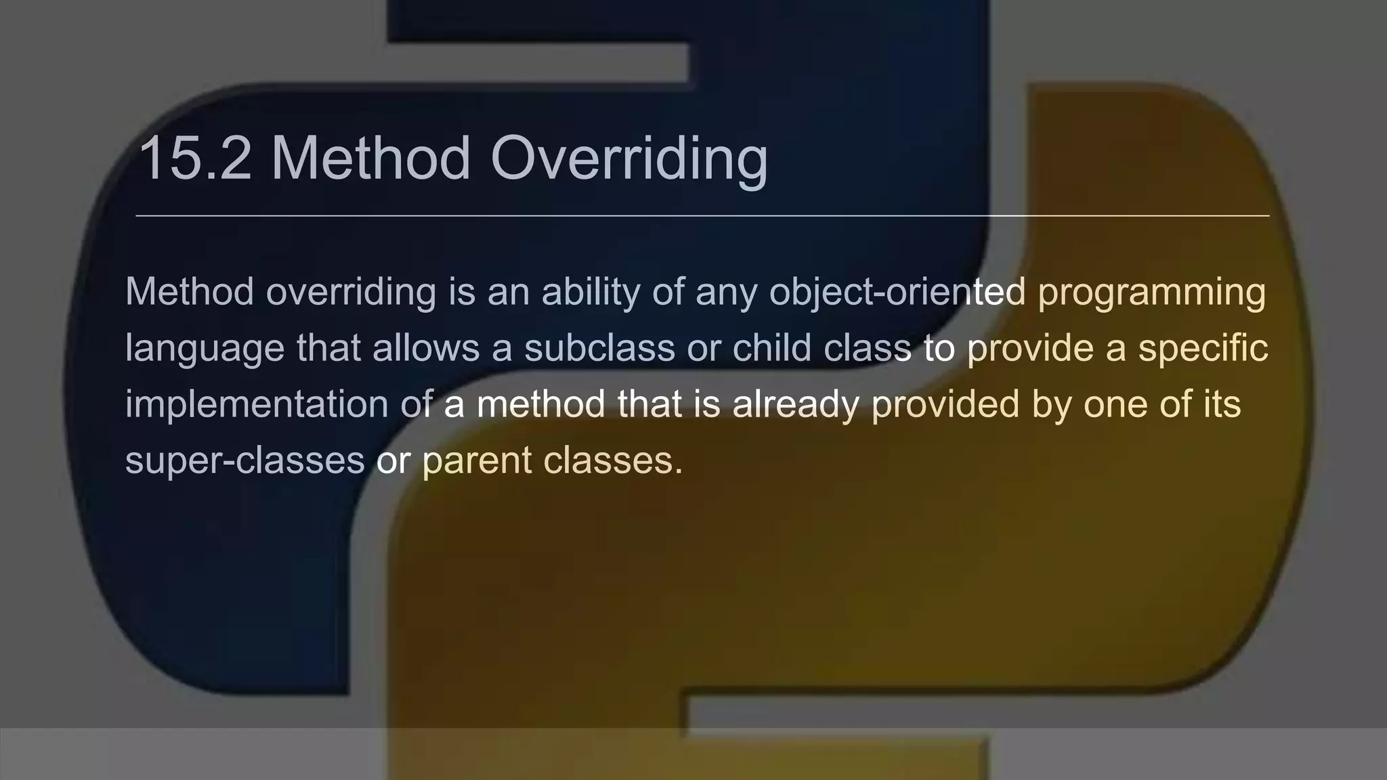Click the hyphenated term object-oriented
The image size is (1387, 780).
(x=897, y=292)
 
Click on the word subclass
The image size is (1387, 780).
(x=599, y=348)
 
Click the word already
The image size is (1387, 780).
(x=795, y=405)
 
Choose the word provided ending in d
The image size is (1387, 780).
(x=945, y=405)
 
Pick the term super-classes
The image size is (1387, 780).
(x=245, y=460)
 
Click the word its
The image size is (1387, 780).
(x=1222, y=404)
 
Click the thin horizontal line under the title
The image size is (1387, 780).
(x=702, y=216)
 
